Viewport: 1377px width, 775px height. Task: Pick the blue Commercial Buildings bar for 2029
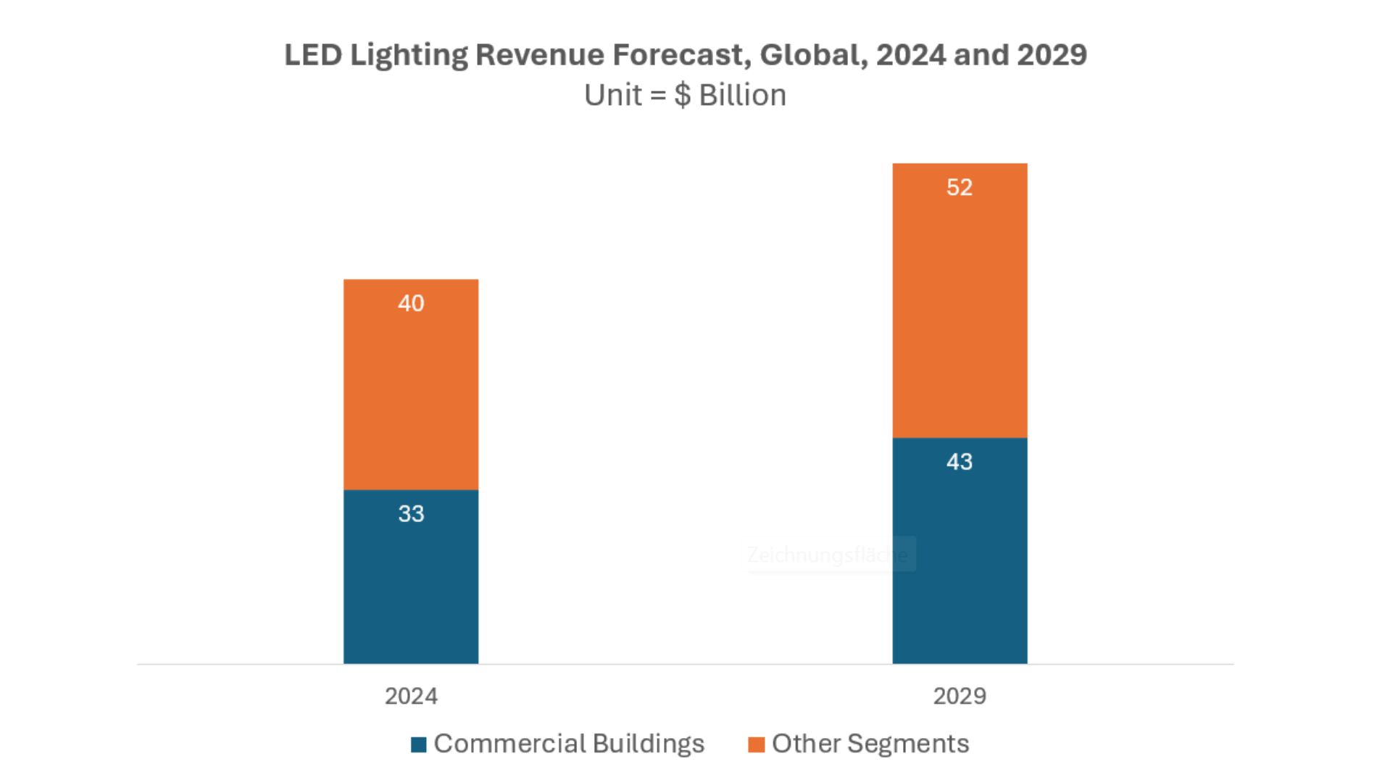click(x=960, y=565)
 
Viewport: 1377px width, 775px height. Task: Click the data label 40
click(x=411, y=303)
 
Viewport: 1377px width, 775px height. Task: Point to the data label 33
click(x=411, y=514)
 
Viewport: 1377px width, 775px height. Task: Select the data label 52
click(x=960, y=187)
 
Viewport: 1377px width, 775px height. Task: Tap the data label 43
click(x=960, y=462)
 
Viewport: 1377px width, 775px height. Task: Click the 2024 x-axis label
click(x=411, y=696)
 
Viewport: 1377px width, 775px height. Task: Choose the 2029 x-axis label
click(x=960, y=696)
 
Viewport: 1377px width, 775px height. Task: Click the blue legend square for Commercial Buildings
click(x=418, y=745)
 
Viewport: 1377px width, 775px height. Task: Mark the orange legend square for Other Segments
click(x=756, y=745)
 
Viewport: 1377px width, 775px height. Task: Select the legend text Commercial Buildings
click(x=569, y=744)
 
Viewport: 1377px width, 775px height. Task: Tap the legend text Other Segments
click(x=870, y=744)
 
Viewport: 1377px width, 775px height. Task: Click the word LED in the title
click(x=312, y=55)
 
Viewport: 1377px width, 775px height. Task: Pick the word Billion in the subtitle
click(x=742, y=95)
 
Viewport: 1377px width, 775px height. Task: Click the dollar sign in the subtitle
click(x=682, y=95)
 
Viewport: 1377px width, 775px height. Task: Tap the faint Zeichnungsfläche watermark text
click(x=828, y=555)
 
